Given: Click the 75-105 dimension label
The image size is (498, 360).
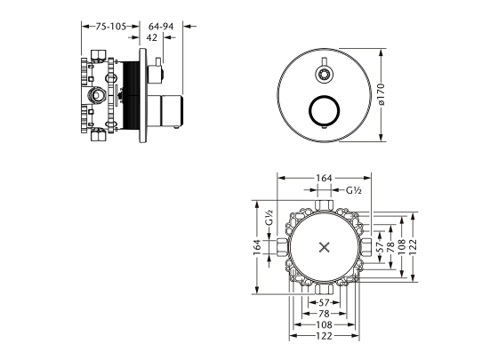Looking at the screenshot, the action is (111, 27).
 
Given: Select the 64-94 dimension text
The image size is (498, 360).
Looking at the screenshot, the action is (161, 27).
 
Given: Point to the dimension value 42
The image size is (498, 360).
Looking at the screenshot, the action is (152, 37).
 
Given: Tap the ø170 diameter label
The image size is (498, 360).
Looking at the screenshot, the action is (382, 94).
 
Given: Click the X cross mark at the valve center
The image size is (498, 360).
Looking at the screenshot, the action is (325, 247).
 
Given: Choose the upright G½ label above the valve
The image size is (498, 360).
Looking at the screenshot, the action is (354, 190).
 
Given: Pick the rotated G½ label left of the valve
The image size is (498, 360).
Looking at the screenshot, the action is (269, 218).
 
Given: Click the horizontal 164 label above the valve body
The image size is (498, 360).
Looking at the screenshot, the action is (324, 179).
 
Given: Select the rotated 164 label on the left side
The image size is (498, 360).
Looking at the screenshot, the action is (257, 247).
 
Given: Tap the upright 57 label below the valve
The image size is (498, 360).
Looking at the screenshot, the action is (324, 303).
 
